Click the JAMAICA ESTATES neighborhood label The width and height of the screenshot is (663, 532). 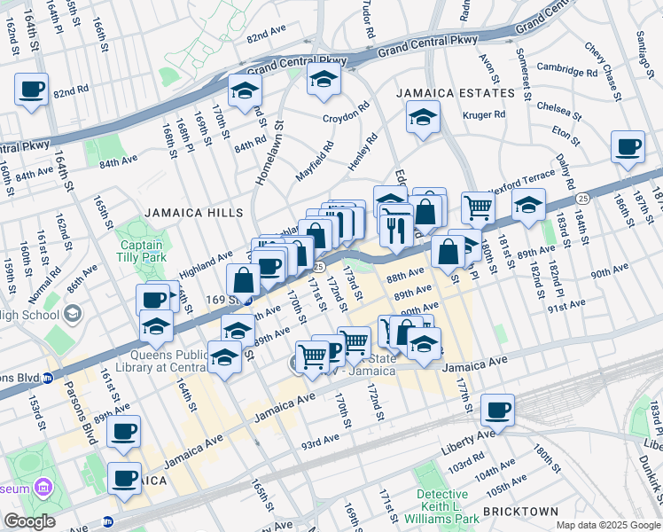pos(455,93)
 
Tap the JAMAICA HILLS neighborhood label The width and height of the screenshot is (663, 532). pos(181,213)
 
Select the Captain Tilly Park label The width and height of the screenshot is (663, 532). pos(142,253)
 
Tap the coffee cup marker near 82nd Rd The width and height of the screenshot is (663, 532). pos(32,89)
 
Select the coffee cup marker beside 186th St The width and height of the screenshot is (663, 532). pos(628,146)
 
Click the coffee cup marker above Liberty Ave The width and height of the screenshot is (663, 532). pos(498,410)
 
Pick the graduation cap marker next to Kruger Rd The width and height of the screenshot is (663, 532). pos(423,118)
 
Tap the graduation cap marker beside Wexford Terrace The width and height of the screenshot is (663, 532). pos(529,207)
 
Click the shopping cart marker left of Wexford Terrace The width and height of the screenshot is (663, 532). pos(478,207)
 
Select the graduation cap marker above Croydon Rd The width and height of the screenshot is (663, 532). pos(324,80)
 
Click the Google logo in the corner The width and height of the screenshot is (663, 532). pos(30,521)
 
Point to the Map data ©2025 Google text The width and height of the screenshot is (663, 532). pos(607,525)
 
